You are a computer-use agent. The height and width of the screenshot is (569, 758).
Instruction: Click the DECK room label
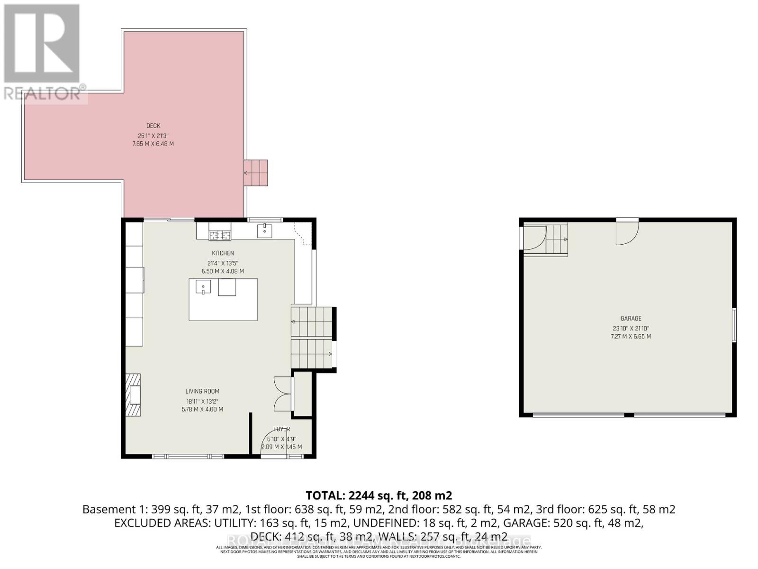(x=153, y=126)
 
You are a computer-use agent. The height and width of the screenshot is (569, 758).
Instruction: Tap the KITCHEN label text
(x=223, y=253)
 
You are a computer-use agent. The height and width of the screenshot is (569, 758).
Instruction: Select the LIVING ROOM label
(x=202, y=391)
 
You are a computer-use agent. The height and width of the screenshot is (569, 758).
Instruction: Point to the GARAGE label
(x=631, y=319)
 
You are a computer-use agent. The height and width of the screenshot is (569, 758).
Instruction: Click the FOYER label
(x=281, y=429)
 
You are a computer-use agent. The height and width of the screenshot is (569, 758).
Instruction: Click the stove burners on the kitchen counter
(x=220, y=234)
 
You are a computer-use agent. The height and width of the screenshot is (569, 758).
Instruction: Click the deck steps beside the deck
(x=256, y=173)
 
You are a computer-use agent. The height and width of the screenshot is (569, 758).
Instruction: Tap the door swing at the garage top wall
(x=627, y=233)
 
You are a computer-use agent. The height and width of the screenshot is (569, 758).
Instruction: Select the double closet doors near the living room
(x=281, y=394)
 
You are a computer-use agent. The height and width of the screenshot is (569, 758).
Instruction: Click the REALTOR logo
(x=43, y=52)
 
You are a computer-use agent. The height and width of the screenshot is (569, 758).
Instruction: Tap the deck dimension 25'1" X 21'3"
(x=153, y=135)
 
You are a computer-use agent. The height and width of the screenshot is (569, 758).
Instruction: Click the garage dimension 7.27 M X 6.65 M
(x=631, y=337)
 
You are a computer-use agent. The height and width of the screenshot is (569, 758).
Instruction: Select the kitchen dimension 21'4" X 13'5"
(x=223, y=263)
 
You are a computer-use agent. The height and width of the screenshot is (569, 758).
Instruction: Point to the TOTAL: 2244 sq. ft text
(x=379, y=496)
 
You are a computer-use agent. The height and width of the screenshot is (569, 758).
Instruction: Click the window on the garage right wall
(x=734, y=325)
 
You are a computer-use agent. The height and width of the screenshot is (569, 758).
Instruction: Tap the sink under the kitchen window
(x=264, y=231)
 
